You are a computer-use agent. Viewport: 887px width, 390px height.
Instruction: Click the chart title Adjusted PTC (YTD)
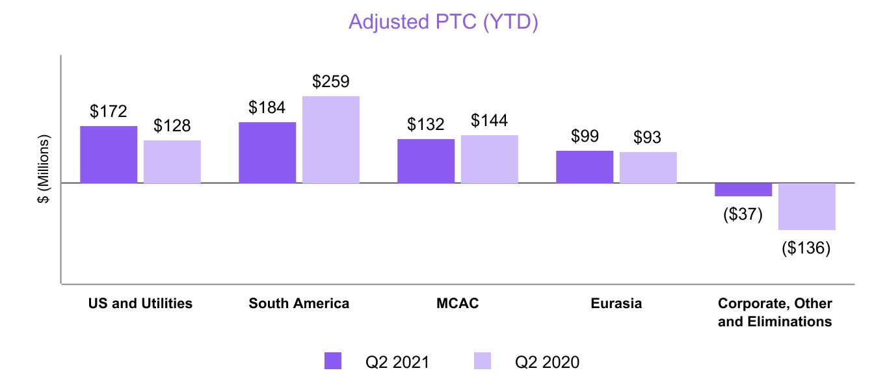(x=444, y=21)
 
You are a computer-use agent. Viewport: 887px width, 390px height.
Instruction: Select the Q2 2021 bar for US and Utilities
(x=109, y=155)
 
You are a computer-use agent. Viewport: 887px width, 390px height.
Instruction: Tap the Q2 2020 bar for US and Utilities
(x=172, y=162)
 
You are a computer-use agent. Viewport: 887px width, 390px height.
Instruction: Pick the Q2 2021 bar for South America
(x=267, y=153)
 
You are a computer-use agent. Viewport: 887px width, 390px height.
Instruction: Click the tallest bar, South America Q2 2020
(x=331, y=140)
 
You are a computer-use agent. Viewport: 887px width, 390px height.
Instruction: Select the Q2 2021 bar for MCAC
(x=426, y=161)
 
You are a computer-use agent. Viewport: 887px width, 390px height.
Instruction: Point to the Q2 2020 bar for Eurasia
(x=648, y=168)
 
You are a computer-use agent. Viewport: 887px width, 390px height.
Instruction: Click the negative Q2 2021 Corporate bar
(x=743, y=190)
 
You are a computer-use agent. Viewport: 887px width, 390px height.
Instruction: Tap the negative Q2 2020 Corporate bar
(x=807, y=207)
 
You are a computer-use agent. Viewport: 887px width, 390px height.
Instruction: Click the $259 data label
(x=331, y=82)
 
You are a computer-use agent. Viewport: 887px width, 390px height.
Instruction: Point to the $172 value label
(x=109, y=112)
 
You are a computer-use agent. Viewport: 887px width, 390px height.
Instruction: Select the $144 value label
(x=490, y=121)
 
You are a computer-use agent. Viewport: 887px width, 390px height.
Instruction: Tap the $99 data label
(x=585, y=136)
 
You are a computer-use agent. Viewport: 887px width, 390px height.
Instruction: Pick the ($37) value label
(x=743, y=214)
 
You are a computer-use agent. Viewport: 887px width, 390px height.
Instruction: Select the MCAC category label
(x=458, y=304)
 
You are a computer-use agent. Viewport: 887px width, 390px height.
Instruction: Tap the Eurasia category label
(x=616, y=304)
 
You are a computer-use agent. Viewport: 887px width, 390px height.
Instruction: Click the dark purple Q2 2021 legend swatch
(x=333, y=361)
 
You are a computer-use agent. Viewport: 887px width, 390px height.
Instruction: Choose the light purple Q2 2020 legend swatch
(x=483, y=361)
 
